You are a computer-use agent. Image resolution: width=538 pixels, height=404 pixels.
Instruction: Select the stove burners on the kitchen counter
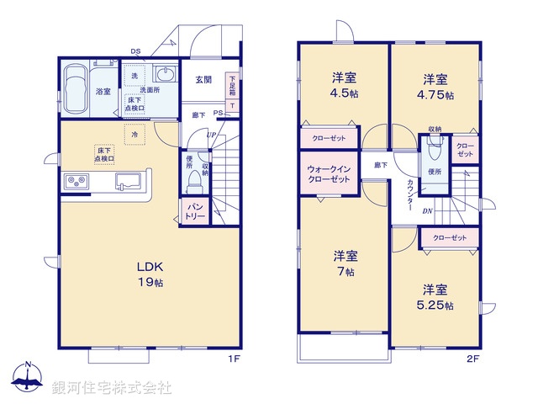pyautogui.click(x=75, y=180)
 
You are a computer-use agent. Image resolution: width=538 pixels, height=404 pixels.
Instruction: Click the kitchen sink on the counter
pyautogui.click(x=128, y=180)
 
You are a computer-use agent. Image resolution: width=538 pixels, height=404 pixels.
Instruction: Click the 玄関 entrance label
pyautogui.click(x=203, y=80)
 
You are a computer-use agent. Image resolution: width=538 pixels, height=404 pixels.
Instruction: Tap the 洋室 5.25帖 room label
pyautogui.click(x=437, y=296)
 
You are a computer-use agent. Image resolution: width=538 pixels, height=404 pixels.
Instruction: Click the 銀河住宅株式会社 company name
pyautogui.click(x=112, y=388)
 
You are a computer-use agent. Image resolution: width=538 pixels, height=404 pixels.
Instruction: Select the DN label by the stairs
pyautogui.click(x=426, y=211)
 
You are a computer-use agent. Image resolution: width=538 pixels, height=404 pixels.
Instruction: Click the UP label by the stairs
pyautogui.click(x=210, y=135)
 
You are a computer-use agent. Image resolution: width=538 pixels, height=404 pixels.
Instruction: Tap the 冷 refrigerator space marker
pyautogui.click(x=133, y=134)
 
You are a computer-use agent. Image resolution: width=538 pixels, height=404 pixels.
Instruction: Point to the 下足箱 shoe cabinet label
pyautogui.click(x=232, y=87)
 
